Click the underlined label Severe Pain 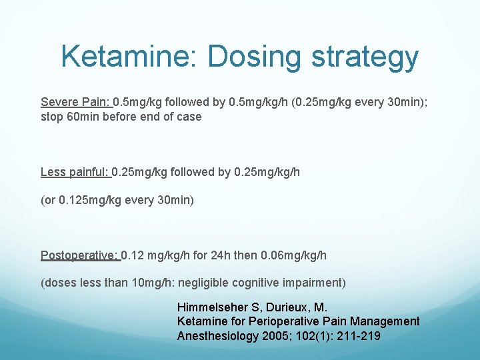coord(75,103)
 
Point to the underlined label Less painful coord(74,172)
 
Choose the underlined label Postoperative coord(79,255)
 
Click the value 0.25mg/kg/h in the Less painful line coord(267,172)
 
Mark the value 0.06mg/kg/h coord(295,255)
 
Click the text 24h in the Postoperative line coord(225,255)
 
